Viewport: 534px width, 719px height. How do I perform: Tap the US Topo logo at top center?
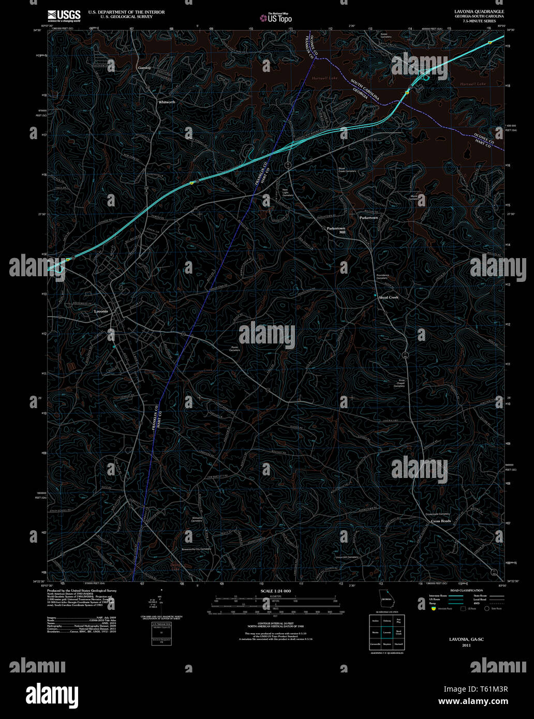(276, 18)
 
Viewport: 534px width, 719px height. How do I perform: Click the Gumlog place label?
(144, 68)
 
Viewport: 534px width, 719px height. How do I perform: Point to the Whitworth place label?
(167, 102)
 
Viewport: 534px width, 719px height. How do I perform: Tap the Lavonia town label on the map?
(101, 311)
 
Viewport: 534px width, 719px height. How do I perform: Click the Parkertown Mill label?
(336, 230)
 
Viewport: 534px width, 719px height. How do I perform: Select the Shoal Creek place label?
(389, 297)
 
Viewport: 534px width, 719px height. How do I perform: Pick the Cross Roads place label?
(441, 521)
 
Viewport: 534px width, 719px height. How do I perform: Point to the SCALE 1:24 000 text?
(276, 591)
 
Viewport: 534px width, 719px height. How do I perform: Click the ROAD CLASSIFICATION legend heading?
(466, 591)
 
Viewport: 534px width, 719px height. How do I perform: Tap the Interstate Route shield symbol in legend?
(433, 609)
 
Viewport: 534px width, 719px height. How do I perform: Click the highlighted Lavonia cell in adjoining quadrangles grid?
(387, 632)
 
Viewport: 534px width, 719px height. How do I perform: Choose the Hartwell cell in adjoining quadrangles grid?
(398, 644)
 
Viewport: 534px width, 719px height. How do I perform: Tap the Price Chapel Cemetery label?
(399, 383)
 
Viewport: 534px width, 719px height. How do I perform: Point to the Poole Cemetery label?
(234, 349)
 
